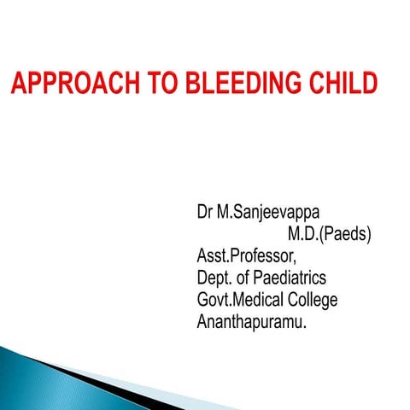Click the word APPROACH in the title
[69, 85]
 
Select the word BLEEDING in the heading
[238, 85]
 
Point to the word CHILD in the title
[343, 85]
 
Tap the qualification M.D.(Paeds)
[329, 232]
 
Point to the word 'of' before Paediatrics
[249, 278]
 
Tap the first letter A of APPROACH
[19, 85]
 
